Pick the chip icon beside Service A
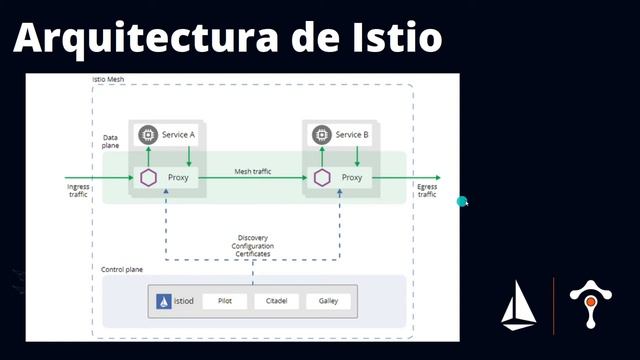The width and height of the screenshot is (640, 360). (148, 135)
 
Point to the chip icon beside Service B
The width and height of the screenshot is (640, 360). (321, 135)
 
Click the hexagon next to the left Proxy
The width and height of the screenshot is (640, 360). (148, 178)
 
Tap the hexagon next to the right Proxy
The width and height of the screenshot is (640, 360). (322, 178)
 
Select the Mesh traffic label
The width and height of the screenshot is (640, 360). (254, 172)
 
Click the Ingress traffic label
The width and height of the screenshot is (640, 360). (77, 189)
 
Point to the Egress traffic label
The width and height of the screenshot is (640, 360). (427, 189)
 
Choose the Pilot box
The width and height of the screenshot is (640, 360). (224, 301)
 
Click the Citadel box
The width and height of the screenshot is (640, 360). (277, 301)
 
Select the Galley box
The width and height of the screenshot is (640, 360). (328, 301)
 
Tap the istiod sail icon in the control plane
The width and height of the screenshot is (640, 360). (163, 301)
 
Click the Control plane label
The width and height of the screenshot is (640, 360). (125, 270)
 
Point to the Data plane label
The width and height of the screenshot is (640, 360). (111, 142)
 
